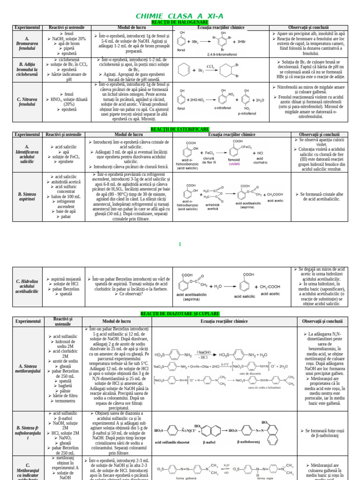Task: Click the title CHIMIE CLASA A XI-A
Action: coord(180,16)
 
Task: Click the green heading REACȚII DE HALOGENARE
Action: coord(180,22)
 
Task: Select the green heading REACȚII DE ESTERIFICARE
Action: coord(180,129)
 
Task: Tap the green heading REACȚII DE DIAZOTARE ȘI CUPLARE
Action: coord(180,313)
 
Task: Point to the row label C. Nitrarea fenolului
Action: coord(28,101)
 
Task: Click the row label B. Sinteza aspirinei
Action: coord(28,196)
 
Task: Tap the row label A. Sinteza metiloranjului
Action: coord(28,368)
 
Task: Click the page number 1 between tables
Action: coord(180,244)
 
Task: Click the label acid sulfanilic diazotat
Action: coord(172,442)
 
